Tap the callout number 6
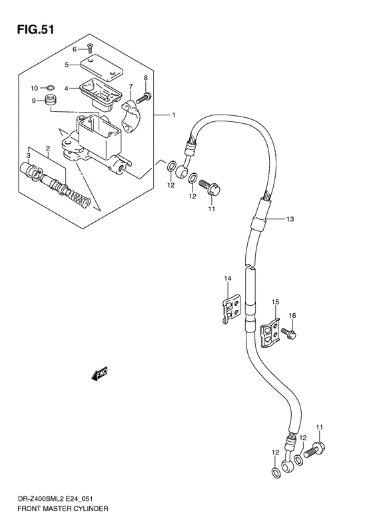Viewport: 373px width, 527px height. [x=75, y=49]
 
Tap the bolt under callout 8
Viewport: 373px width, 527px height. [x=141, y=99]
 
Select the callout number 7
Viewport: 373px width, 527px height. [x=131, y=86]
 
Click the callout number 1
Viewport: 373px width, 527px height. [x=173, y=115]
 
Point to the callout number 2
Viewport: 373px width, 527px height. [x=48, y=148]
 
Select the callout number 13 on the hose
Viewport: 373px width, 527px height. [x=290, y=219]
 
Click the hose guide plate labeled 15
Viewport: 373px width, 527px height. [x=268, y=332]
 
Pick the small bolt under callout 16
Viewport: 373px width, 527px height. [x=289, y=332]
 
